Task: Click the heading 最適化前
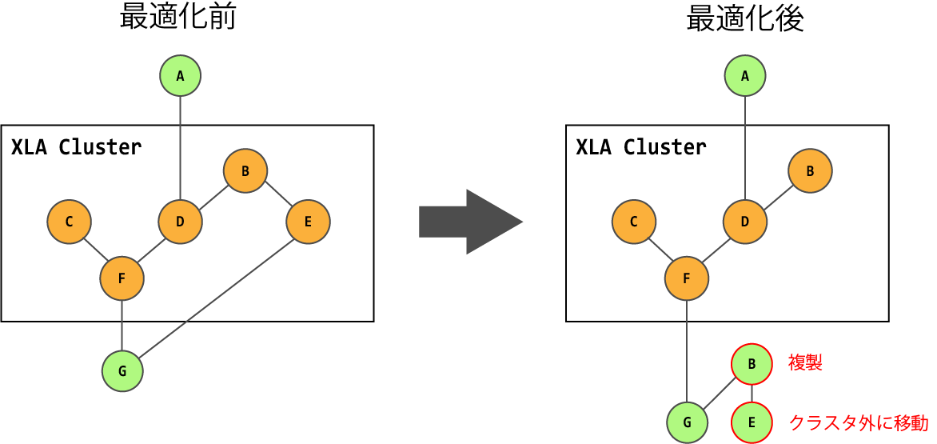(x=177, y=17)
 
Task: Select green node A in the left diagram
(x=180, y=76)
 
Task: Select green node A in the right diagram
(x=745, y=76)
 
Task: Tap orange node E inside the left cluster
(x=308, y=222)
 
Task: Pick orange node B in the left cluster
(x=245, y=170)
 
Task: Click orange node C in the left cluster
(x=69, y=222)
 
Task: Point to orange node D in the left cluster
(x=180, y=222)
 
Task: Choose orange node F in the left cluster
(x=122, y=278)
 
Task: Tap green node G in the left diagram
(x=122, y=370)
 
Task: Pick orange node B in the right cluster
(x=810, y=170)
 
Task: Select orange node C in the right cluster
(x=634, y=222)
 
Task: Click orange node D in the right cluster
(x=745, y=222)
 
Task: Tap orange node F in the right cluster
(x=687, y=278)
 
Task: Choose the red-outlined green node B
(x=752, y=364)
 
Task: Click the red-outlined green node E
(x=752, y=422)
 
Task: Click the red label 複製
(x=805, y=363)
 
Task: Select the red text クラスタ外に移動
(x=859, y=422)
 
